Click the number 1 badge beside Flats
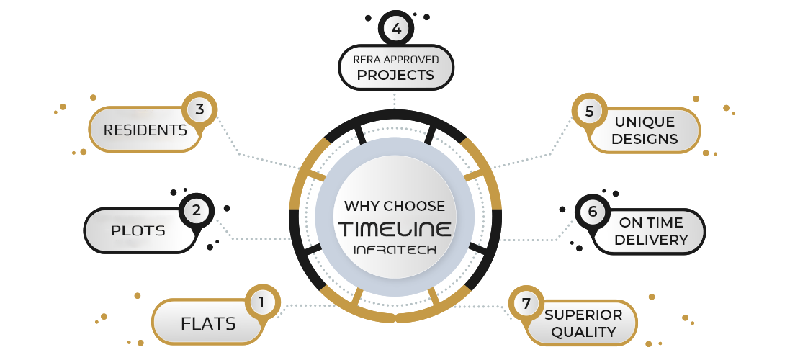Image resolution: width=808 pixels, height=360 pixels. (261, 303)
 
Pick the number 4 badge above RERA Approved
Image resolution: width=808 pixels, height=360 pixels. (395, 30)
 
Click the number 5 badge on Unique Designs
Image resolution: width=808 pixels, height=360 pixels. (589, 112)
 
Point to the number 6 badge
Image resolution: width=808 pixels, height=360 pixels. (592, 212)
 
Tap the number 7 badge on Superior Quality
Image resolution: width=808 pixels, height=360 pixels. (526, 304)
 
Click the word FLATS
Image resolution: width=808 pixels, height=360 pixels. (208, 324)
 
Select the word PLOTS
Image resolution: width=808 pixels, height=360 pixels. (138, 231)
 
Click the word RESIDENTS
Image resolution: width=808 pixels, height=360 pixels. (145, 130)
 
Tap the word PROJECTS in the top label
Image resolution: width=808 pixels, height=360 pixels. (395, 75)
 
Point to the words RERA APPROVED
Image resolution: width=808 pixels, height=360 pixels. (395, 60)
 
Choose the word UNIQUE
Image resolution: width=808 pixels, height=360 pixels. (644, 122)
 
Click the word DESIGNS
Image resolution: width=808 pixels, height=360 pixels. (644, 139)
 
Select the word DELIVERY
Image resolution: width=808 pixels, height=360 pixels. (650, 240)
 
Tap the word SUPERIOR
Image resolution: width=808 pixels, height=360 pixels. (583, 315)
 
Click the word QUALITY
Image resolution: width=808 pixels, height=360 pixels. (583, 332)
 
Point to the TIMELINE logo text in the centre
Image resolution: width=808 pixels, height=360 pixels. (395, 229)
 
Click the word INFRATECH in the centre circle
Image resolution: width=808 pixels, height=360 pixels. (395, 250)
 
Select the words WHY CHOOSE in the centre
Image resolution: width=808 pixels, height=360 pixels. (395, 206)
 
